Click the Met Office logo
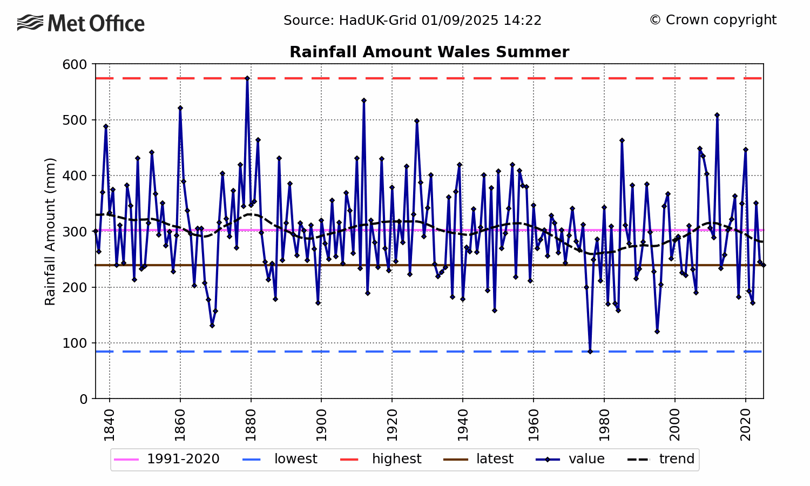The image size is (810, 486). click(x=81, y=23)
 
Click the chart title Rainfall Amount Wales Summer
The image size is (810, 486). click(x=429, y=52)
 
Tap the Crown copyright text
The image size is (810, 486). click(x=713, y=20)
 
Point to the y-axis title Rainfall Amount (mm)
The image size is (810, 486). click(x=50, y=231)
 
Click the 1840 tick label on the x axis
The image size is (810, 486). click(x=110, y=426)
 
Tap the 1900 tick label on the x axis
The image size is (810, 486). click(x=321, y=426)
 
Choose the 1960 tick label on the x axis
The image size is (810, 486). click(x=534, y=426)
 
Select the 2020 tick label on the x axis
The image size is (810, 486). click(x=746, y=426)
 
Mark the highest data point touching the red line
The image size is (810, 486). click(x=247, y=78)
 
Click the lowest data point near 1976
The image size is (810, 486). click(x=590, y=352)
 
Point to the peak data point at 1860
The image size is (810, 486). click(x=180, y=108)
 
